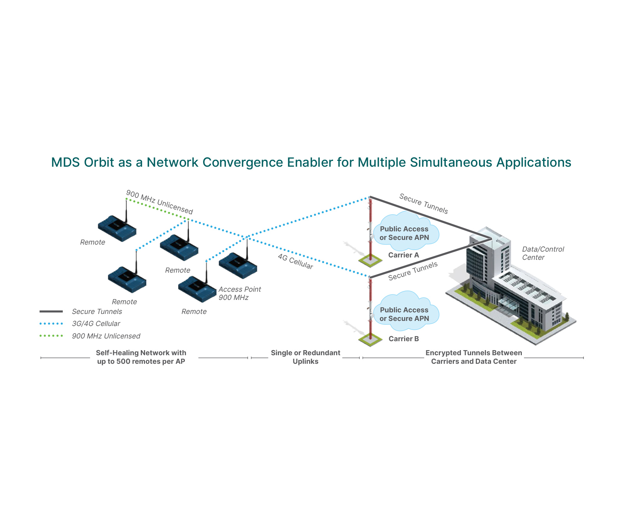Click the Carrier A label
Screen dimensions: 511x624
pos(403,255)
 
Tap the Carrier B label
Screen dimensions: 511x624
pos(403,339)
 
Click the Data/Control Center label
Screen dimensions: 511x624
pos(542,253)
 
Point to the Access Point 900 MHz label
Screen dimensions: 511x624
pos(239,293)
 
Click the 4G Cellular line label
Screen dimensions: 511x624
pos(295,261)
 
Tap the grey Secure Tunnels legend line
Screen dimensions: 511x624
pos(51,312)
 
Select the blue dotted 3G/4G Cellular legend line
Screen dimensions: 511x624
pos(51,324)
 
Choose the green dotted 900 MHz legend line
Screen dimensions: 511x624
pos(51,336)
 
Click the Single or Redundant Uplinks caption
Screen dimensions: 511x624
pos(305,357)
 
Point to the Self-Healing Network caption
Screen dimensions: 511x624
pos(141,357)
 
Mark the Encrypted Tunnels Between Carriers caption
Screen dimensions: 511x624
pos(473,357)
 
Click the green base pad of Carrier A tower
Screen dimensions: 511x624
pos(370,261)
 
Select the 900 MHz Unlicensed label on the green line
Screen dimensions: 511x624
pos(160,202)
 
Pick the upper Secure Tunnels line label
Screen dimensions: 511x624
pos(424,204)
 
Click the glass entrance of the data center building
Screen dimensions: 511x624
pos(509,304)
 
